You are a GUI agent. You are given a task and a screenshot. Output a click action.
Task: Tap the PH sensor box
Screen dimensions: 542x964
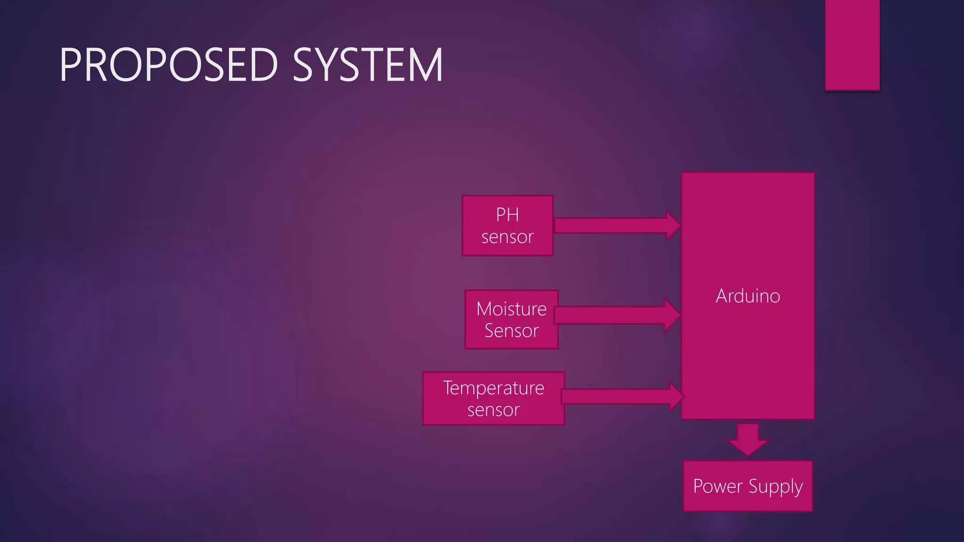click(x=507, y=226)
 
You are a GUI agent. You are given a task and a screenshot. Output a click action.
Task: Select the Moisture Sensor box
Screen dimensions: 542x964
click(x=511, y=320)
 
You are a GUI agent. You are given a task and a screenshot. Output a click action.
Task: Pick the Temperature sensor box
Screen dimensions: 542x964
click(x=493, y=399)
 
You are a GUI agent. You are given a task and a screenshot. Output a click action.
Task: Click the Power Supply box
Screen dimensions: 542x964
click(x=747, y=486)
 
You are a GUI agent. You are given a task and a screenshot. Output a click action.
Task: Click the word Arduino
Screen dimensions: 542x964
click(x=747, y=296)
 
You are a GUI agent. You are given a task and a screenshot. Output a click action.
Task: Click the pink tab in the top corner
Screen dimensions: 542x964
click(x=852, y=45)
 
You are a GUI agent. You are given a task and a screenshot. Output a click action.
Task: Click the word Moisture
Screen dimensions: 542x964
click(x=511, y=309)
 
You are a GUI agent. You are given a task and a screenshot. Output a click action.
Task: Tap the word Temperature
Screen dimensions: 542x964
click(x=493, y=389)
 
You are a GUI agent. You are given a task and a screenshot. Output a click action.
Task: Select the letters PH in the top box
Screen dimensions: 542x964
click(x=507, y=215)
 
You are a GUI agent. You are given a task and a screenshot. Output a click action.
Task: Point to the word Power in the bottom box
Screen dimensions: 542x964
click(x=718, y=486)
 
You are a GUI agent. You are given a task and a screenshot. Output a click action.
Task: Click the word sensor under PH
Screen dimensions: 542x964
click(x=507, y=237)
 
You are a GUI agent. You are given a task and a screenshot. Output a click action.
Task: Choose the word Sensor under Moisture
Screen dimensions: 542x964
click(x=511, y=331)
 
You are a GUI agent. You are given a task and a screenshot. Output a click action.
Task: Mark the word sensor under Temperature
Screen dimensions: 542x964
click(x=493, y=410)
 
